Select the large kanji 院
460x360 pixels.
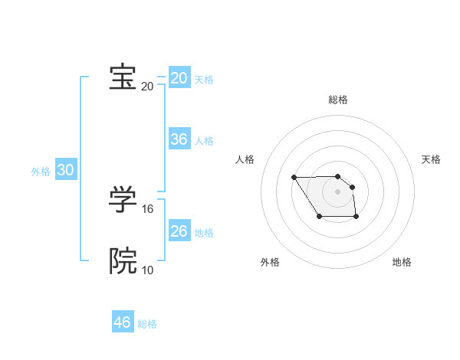click(123, 261)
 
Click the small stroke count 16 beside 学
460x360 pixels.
click(148, 208)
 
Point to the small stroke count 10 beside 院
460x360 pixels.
click(148, 270)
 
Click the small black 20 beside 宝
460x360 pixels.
click(148, 86)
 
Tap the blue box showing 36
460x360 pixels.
click(179, 139)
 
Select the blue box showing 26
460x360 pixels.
click(179, 231)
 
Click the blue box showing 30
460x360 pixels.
click(66, 170)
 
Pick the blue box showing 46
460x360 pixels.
click(123, 322)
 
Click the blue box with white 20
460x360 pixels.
click(179, 78)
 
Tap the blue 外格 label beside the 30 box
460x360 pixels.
click(41, 172)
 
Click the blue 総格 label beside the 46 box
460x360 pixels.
click(147, 324)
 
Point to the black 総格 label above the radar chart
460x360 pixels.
click(338, 100)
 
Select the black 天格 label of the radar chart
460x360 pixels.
click(431, 159)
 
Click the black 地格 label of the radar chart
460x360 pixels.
click(402, 262)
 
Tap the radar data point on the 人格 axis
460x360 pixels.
click(294, 178)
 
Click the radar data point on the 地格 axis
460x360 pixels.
click(356, 218)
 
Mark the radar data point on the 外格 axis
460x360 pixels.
click(320, 218)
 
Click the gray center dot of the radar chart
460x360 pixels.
click(338, 191)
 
